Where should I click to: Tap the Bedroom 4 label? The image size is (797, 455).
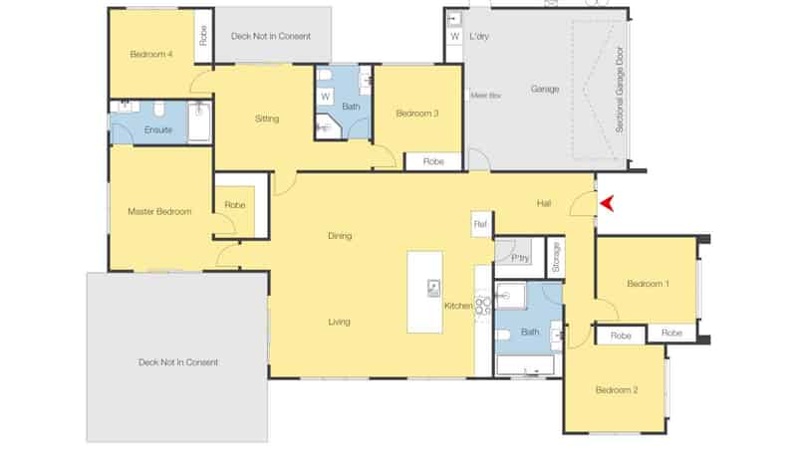pos(151,54)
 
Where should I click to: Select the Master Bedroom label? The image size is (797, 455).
pos(159,211)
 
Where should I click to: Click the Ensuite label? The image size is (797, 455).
pos(158,130)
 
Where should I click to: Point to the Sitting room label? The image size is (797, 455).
pos(267,118)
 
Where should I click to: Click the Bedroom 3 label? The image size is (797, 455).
pos(416,114)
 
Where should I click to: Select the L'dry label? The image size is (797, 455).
pos(477,37)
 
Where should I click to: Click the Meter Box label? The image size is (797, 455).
pos(484,96)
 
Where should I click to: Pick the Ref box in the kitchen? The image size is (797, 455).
pos(481,225)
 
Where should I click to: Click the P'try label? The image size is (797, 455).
pos(519,258)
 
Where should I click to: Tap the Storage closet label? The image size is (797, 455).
pos(556,257)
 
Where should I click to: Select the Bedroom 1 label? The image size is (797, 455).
pos(648,285)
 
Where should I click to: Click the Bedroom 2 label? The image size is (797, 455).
pos(616,390)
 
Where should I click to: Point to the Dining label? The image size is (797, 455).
pos(339,236)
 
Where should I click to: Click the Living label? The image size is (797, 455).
pos(339,322)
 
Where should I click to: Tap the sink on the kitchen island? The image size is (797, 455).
pos(434,288)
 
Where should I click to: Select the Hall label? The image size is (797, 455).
pos(544,203)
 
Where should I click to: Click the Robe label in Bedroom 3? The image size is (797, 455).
pos(433,161)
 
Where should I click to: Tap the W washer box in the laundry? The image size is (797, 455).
pos(454,37)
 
